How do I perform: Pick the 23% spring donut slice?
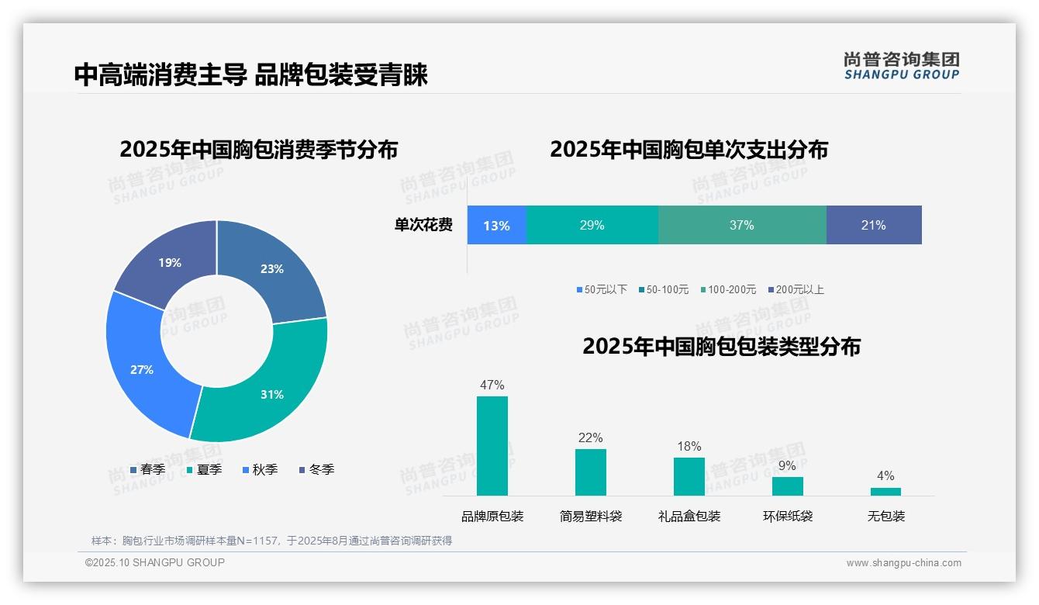coord(271,268)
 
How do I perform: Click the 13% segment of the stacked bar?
coord(496,226)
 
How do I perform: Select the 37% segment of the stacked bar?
coord(742,226)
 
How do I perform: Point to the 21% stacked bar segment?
coord(874,226)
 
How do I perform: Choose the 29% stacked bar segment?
coord(592,226)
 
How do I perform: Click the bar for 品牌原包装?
coord(492,446)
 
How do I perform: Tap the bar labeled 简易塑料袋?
coord(591,472)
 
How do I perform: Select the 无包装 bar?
coord(885,491)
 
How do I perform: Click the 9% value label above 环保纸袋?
coord(787,466)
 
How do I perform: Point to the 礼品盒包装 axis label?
coord(689,517)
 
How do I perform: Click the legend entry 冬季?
coord(316,470)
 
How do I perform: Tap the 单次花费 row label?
coord(423,226)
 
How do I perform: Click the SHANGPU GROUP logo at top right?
coord(901,66)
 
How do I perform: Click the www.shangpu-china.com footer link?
coord(903,563)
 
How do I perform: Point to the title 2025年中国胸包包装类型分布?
coord(721,347)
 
